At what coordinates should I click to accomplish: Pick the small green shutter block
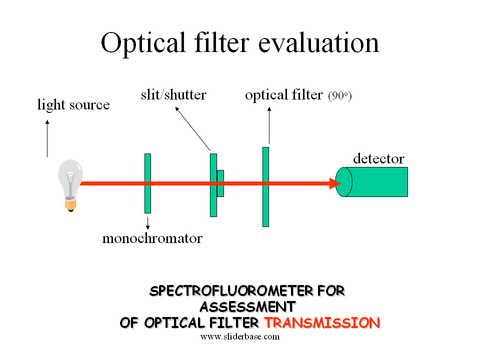coord(220,183)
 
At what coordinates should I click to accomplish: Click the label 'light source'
coord(73,105)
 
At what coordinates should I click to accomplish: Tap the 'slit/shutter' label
coord(173,94)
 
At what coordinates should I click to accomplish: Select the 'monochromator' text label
coord(152,238)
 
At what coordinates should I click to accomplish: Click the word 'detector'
coord(378,159)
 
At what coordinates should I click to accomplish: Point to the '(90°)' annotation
coord(340,96)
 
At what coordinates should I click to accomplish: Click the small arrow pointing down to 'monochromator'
coord(147,222)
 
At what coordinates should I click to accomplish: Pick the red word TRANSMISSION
coord(322,323)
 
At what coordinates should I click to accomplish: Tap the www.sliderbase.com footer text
coord(240,336)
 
